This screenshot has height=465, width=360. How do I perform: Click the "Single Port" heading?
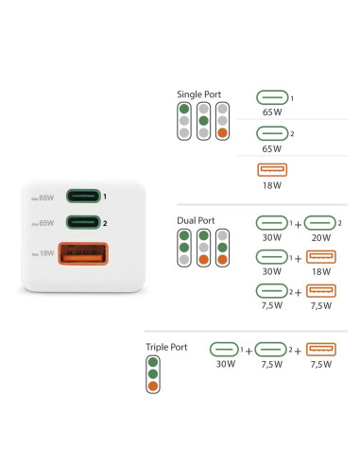(x=198, y=95)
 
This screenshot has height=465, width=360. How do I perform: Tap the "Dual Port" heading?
(x=196, y=220)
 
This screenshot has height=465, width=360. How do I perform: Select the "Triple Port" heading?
(x=166, y=347)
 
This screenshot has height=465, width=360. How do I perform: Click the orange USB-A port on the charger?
(x=83, y=253)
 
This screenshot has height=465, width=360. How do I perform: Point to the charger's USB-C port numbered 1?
(x=83, y=196)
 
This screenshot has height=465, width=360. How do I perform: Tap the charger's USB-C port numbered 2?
(x=83, y=222)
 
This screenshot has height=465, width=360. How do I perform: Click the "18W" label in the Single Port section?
(x=272, y=185)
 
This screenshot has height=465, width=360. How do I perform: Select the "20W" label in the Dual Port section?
(x=321, y=237)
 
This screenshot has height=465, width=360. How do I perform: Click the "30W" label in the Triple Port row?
(x=226, y=364)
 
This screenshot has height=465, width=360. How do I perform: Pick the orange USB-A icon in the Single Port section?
(x=272, y=170)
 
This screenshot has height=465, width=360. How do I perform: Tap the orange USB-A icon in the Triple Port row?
(x=321, y=350)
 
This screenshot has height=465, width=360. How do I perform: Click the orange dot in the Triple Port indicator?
(x=153, y=386)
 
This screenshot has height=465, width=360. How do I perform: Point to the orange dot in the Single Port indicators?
(x=222, y=132)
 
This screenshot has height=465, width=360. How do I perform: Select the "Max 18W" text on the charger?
(x=43, y=253)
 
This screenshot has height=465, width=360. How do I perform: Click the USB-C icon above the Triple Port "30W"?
(x=224, y=350)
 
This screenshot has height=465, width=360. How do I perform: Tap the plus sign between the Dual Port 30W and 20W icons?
(x=298, y=225)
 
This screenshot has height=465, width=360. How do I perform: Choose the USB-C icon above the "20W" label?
(x=320, y=223)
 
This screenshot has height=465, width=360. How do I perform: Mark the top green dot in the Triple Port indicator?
(x=153, y=362)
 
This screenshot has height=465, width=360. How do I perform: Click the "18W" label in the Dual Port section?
(x=321, y=271)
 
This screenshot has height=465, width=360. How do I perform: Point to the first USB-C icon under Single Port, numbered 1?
(x=272, y=97)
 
